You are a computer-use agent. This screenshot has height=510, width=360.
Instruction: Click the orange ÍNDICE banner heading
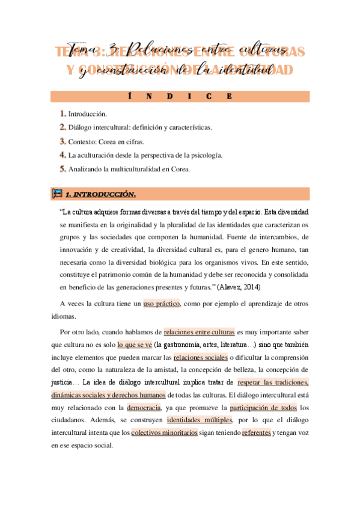coord(180,96)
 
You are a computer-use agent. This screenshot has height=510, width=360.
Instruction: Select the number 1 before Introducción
coord(63,114)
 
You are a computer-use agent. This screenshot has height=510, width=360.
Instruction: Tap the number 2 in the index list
coord(63,127)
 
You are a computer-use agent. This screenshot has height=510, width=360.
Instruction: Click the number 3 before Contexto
coord(63,141)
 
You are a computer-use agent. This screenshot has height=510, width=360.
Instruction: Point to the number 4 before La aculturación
coord(63,155)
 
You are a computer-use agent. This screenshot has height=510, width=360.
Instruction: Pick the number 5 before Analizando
coord(63,169)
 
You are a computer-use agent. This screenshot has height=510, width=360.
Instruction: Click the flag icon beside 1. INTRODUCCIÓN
coord(58,194)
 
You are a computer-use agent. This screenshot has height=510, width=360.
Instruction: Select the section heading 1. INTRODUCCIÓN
coord(100,194)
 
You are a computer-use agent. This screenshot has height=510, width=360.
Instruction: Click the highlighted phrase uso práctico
coord(162,304)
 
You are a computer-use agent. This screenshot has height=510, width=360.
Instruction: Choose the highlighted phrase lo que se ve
coord(135,345)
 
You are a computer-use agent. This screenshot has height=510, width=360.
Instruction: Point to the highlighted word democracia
coord(144,408)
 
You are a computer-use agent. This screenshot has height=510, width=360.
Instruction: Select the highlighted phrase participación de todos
coord(255,408)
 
